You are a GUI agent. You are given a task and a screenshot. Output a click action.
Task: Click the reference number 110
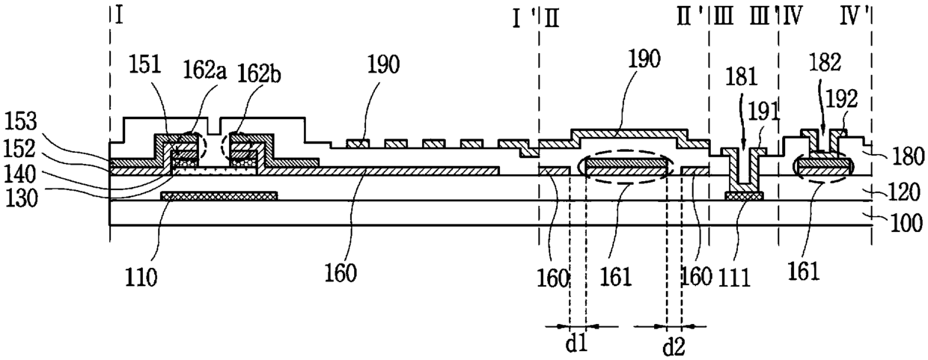141,277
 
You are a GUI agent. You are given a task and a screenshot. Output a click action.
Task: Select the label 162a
204,71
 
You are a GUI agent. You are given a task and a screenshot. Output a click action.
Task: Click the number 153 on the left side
19,122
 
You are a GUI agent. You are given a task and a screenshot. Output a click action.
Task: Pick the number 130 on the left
21,199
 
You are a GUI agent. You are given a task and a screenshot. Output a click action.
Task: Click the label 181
741,78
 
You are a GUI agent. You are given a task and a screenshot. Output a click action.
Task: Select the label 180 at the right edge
908,157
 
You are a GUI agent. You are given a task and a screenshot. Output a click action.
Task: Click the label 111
735,278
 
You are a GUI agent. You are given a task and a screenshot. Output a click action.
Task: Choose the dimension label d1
577,344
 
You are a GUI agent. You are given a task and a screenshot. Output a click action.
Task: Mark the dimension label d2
674,347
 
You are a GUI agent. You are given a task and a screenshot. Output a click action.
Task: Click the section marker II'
690,18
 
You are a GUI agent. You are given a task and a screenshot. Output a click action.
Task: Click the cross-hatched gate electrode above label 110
219,196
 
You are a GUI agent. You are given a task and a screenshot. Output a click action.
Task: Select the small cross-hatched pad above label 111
744,196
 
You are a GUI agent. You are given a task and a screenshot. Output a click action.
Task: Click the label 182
825,63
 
